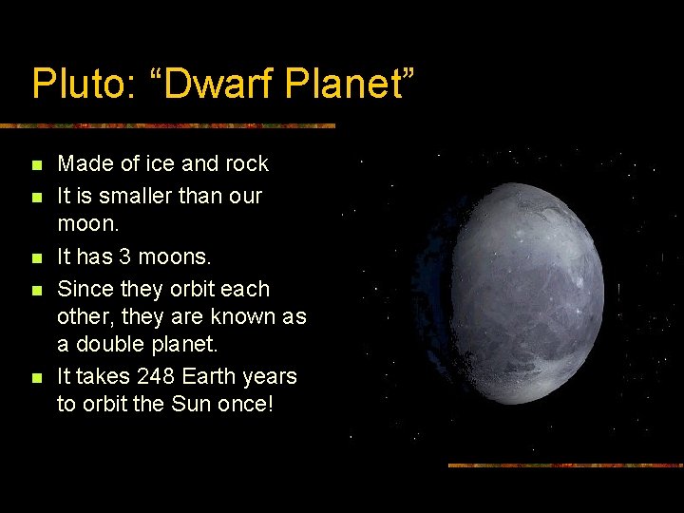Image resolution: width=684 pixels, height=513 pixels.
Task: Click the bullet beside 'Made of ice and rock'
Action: click(x=36, y=166)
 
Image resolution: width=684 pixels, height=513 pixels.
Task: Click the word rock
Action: click(x=246, y=164)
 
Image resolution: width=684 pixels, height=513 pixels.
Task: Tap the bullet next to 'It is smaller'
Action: click(x=36, y=198)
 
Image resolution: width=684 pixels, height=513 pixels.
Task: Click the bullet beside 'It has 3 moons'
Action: click(x=36, y=259)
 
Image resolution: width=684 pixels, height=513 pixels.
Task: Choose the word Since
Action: click(x=84, y=289)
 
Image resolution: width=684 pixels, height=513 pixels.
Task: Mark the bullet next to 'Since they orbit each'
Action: click(x=36, y=291)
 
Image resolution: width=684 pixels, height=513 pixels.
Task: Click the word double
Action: click(x=117, y=344)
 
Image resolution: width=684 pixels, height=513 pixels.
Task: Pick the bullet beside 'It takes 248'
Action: click(x=36, y=378)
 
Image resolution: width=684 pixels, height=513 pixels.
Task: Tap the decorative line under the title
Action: click(x=167, y=125)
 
